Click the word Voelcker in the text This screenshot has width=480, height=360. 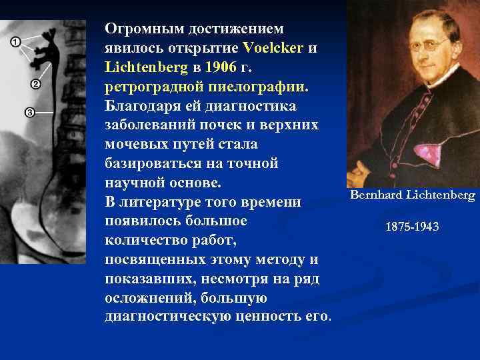273,49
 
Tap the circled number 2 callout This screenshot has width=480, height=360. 35,85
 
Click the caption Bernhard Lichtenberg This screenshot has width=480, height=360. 412,195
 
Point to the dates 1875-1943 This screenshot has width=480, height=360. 412,227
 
